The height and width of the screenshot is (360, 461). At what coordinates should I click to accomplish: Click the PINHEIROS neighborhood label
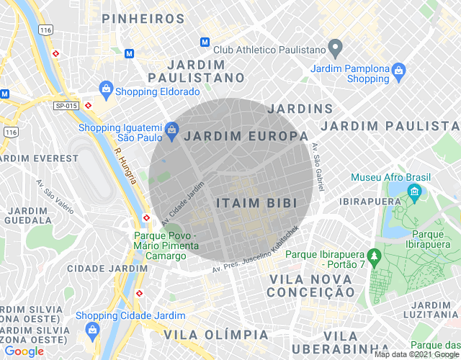click(x=143, y=19)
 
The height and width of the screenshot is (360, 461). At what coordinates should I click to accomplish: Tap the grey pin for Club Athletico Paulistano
click(x=334, y=49)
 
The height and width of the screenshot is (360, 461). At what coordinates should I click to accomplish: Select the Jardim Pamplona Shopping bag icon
click(x=399, y=71)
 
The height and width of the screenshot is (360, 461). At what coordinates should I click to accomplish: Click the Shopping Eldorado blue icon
click(x=106, y=89)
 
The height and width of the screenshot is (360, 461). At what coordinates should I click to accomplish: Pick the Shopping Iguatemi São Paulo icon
click(x=171, y=130)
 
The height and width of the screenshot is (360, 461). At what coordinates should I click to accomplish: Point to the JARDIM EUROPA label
click(x=246, y=136)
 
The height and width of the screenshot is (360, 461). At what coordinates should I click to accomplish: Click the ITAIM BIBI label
click(x=257, y=203)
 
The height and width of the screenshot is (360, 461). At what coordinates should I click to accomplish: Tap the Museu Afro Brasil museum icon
click(x=415, y=191)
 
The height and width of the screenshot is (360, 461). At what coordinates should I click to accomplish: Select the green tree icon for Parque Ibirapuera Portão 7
click(x=373, y=256)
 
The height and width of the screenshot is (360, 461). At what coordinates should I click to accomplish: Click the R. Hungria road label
click(x=125, y=166)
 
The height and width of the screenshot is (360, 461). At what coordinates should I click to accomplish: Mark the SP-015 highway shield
click(x=66, y=106)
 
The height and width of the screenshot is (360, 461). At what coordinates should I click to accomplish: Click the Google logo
click(x=24, y=351)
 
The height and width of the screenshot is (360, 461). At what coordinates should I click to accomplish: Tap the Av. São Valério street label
click(x=54, y=197)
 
